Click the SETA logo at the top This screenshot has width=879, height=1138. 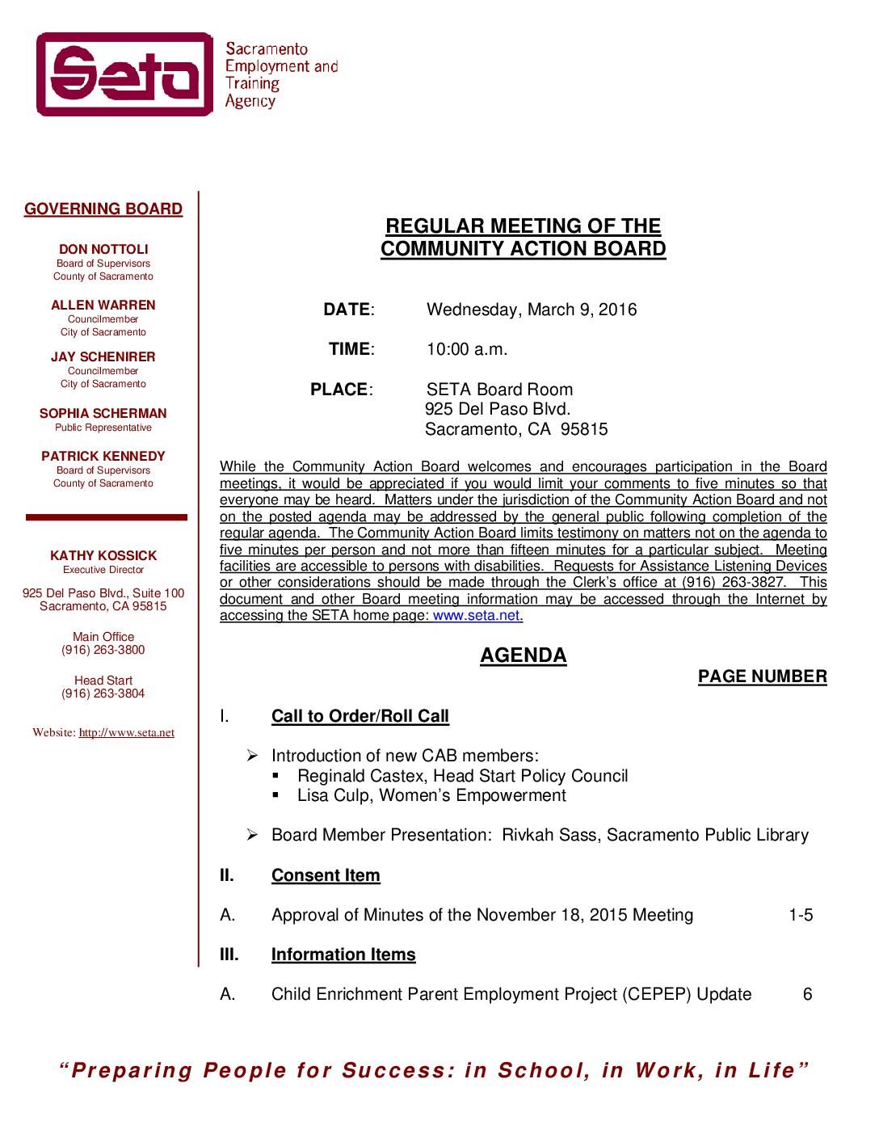124,74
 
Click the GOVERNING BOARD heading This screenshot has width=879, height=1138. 103,209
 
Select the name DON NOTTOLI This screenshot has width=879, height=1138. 103,250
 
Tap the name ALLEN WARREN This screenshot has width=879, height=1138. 103,306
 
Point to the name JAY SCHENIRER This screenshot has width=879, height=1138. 103,357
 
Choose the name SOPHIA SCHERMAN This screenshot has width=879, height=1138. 103,414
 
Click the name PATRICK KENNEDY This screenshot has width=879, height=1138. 103,457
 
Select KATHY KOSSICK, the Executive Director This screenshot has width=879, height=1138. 103,556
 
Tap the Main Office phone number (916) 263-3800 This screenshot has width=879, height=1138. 103,651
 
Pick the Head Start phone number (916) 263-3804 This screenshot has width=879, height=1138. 103,694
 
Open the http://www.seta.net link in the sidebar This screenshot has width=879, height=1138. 127,733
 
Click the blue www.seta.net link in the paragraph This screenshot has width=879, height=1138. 477,616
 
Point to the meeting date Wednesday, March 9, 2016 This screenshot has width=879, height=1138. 532,310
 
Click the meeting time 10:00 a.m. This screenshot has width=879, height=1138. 467,350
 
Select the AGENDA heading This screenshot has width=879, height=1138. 524,655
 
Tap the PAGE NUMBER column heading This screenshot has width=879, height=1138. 762,677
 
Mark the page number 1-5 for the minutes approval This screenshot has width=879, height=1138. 801,916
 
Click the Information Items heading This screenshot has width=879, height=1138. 343,955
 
